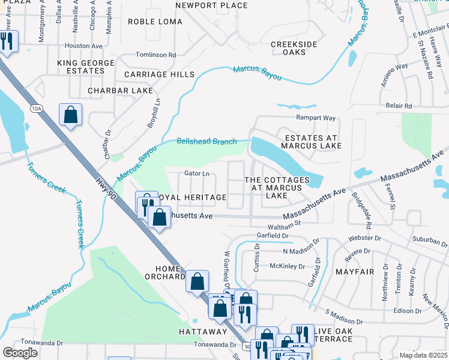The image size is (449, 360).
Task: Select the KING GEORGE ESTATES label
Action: pyautogui.click(x=86, y=67)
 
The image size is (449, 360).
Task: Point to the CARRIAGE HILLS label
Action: pyautogui.click(x=159, y=74)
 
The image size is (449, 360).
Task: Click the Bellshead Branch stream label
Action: pyautogui.click(x=206, y=142)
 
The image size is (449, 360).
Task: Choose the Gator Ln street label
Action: pyautogui.click(x=197, y=174)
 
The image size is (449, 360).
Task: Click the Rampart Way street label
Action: pyautogui.click(x=315, y=119)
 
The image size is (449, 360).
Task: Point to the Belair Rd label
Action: pyautogui.click(x=399, y=106)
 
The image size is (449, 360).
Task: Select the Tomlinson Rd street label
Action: pyautogui.click(x=156, y=55)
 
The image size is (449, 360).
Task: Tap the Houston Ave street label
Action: pyautogui.click(x=83, y=46)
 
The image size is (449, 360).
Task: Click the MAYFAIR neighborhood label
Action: pyautogui.click(x=354, y=272)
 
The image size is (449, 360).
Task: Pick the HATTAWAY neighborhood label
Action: pyautogui.click(x=202, y=331)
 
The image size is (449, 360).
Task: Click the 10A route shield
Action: pyautogui.click(x=37, y=108)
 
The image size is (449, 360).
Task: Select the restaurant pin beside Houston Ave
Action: pyautogui.click(x=7, y=41)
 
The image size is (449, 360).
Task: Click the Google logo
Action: pyautogui.click(x=20, y=353)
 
